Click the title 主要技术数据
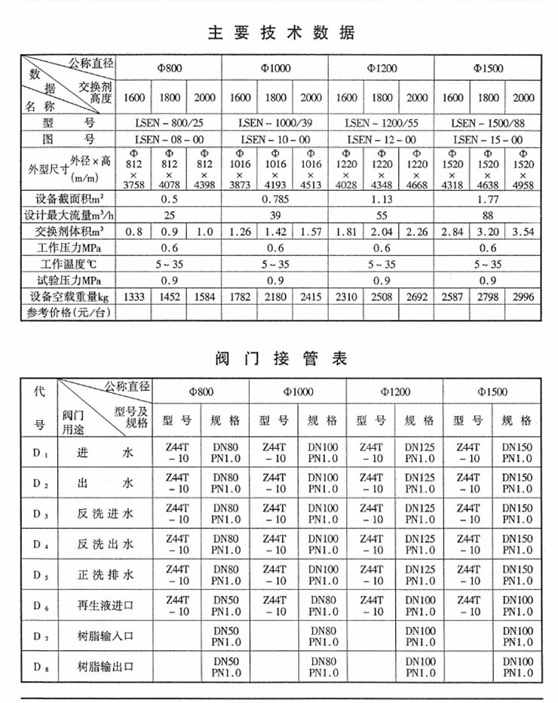tap(280, 34)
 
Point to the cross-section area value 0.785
tap(275, 200)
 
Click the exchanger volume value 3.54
tap(521, 232)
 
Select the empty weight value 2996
tap(521, 296)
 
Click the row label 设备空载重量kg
tap(68, 296)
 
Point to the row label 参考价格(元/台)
tap(68, 312)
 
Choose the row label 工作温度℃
tap(68, 264)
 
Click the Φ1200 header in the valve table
tap(394, 391)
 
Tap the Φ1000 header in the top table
tap(275, 69)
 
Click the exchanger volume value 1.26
tap(240, 232)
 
